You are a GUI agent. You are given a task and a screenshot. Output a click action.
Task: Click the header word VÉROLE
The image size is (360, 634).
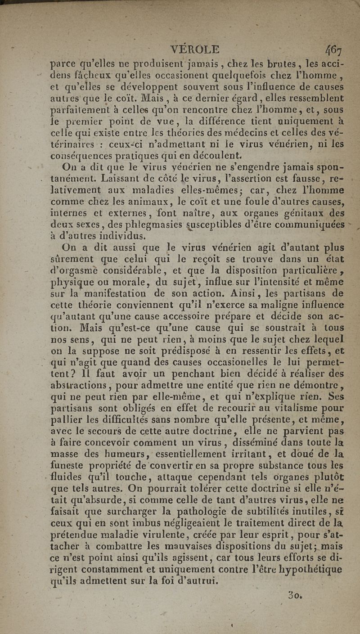192,49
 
